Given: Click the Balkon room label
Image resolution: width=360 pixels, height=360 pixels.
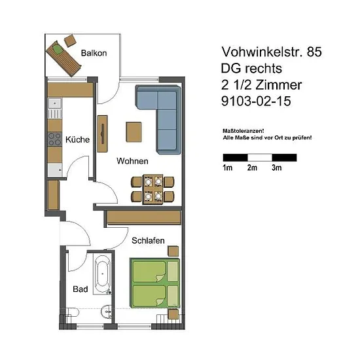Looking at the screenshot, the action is [x=94, y=53].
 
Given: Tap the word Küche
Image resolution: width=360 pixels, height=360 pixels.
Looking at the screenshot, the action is [x=77, y=139].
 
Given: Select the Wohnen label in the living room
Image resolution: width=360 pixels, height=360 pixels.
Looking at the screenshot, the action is [x=132, y=161].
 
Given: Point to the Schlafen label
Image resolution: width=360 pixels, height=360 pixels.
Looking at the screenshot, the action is [x=148, y=240].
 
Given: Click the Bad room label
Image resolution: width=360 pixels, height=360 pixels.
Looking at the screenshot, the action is [x=80, y=289].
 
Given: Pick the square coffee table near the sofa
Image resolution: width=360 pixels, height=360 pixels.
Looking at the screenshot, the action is [x=134, y=132].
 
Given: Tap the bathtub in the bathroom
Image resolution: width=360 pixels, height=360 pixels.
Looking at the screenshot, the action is [x=102, y=274].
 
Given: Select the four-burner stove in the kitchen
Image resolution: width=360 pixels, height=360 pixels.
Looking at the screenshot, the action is [x=54, y=139].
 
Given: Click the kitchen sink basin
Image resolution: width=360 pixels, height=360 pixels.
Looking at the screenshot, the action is [x=54, y=103].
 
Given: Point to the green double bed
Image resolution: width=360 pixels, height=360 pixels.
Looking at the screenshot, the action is [x=154, y=283].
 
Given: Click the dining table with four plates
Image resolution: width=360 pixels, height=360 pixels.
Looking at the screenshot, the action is [x=153, y=189].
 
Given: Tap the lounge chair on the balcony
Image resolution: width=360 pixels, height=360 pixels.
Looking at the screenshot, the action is [x=63, y=58].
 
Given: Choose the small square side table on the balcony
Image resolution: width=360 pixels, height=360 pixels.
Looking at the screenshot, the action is [x=70, y=41].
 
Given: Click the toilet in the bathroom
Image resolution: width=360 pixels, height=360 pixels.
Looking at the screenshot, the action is [x=71, y=312].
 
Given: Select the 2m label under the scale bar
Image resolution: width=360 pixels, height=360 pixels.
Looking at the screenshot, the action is [x=252, y=168].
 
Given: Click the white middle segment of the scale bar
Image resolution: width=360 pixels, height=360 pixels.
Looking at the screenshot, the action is [x=260, y=158].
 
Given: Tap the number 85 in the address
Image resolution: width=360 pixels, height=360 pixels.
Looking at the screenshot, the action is [x=314, y=52].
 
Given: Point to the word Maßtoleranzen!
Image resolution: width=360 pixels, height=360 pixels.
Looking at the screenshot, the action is [x=243, y=131].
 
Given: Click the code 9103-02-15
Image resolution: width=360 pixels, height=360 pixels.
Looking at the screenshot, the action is [x=256, y=101].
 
